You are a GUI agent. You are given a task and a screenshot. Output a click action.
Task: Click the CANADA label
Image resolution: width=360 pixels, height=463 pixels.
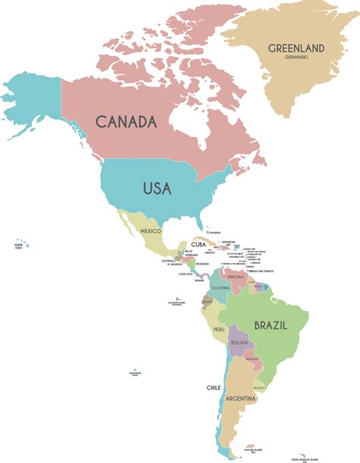[125, 121]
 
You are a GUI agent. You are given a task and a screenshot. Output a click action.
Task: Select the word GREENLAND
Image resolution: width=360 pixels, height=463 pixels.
[296, 49]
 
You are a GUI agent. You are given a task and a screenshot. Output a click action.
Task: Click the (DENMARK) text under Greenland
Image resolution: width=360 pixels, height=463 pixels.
[296, 58]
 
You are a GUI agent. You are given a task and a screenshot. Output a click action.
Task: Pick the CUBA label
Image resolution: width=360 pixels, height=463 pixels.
[199, 244]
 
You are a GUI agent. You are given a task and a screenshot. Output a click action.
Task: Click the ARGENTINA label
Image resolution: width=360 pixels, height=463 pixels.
[244, 398]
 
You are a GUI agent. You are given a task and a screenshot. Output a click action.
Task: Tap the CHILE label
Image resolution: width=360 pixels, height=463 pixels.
[213, 387]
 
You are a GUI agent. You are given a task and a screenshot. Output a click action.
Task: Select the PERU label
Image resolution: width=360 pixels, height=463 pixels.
[219, 329]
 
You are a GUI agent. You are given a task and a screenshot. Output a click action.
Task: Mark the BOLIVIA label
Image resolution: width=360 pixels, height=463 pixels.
[240, 344]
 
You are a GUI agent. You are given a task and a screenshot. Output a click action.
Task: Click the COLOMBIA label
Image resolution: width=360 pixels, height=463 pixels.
[220, 288]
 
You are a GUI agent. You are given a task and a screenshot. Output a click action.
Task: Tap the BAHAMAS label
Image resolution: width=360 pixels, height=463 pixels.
[215, 233]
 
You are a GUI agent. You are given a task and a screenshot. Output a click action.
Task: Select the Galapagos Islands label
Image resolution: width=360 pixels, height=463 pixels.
[176, 303]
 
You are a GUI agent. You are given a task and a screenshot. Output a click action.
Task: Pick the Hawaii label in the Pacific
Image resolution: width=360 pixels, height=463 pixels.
[18, 246]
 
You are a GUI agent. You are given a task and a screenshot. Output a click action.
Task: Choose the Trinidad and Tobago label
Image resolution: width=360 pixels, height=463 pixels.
[259, 271]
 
